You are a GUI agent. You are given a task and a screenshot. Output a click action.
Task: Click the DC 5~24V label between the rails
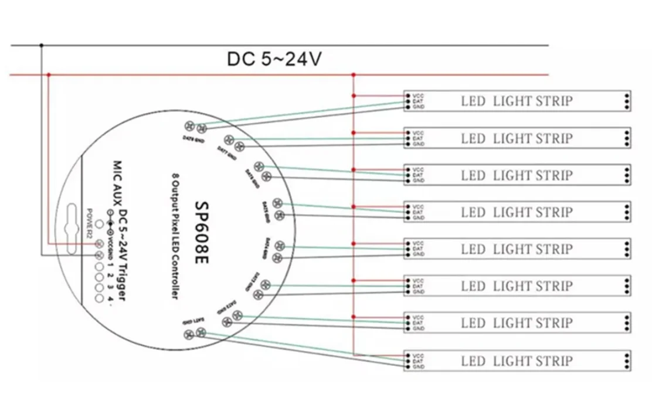click(274, 59)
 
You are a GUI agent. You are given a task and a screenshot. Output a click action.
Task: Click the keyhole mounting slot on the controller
click(72, 229)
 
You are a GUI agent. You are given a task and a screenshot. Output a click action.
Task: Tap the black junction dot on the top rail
click(41, 45)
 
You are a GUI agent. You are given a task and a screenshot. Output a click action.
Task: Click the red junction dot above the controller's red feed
click(49, 74)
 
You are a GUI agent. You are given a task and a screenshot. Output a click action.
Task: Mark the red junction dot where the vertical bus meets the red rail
click(354, 74)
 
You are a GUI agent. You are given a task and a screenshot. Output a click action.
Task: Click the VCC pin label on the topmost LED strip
click(418, 95)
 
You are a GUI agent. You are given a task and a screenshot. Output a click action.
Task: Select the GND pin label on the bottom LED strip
click(418, 366)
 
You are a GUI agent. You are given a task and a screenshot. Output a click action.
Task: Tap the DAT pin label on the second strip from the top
click(418, 138)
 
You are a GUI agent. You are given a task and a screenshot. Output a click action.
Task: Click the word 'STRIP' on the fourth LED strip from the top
click(553, 212)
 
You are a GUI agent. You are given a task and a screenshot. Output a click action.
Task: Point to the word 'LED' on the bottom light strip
click(473, 360)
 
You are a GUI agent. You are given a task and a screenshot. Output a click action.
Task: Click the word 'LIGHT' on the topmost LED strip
click(512, 101)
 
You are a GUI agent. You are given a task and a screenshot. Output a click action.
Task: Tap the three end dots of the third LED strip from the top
click(627, 175)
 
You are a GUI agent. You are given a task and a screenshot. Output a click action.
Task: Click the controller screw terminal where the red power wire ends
click(99, 243)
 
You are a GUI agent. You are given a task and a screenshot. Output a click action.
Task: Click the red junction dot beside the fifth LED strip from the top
click(354, 243)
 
